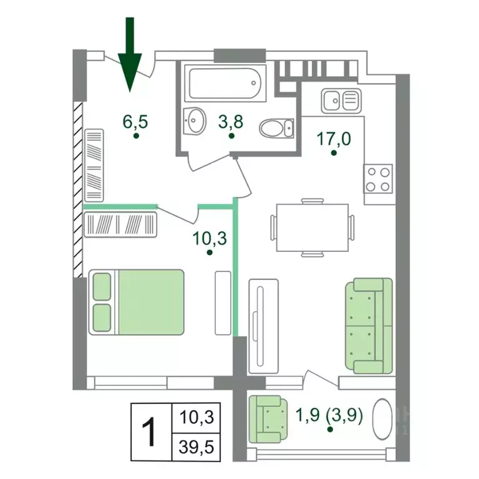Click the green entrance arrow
pyautogui.click(x=130, y=55)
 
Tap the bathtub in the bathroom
pyautogui.click(x=225, y=83)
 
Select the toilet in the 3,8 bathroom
pyautogui.click(x=277, y=128)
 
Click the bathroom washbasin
pyautogui.click(x=194, y=121)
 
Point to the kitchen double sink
pyautogui.click(x=341, y=100)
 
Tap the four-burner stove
pyautogui.click(x=378, y=179)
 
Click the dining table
pyautogui.click(x=312, y=228)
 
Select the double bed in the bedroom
pyautogui.click(x=136, y=302)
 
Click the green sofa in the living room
pyautogui.click(x=369, y=326)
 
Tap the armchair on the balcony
pyautogui.click(x=268, y=419)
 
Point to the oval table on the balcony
pyautogui.click(x=382, y=419)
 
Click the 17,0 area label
pyautogui.click(x=334, y=139)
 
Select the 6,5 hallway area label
pyautogui.click(x=135, y=122)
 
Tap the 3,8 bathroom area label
pyautogui.click(x=231, y=122)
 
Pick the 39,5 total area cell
pyautogui.click(x=196, y=447)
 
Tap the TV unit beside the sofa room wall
pyautogui.click(x=264, y=326)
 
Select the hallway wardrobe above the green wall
pyautogui.click(x=94, y=165)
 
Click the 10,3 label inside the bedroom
pyautogui.click(x=210, y=239)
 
